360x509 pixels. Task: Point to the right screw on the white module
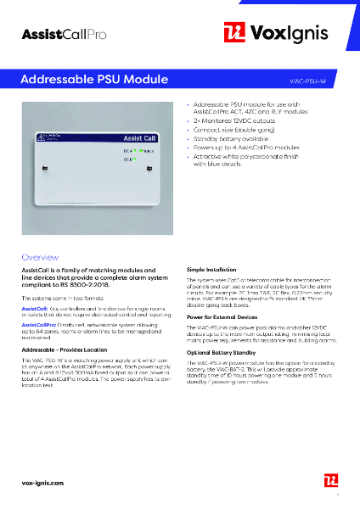coord(149,168)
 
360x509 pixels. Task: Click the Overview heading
coord(40,255)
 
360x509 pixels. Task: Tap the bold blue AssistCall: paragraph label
coord(35,308)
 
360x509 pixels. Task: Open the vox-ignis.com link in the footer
coord(43,482)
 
